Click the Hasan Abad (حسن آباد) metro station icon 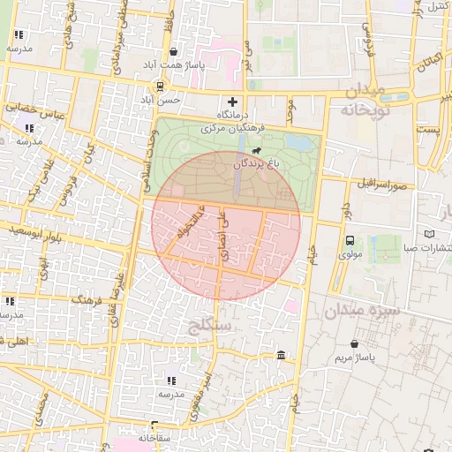click(x=160, y=87)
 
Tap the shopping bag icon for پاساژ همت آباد click(x=174, y=52)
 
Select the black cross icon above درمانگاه click(x=232, y=102)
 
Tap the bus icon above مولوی click(x=350, y=240)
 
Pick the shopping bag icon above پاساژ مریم click(x=354, y=343)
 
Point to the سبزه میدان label click(x=361, y=312)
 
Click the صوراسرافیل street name click(x=381, y=185)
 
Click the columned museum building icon click(x=281, y=355)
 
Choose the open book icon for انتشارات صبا click(x=430, y=234)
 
